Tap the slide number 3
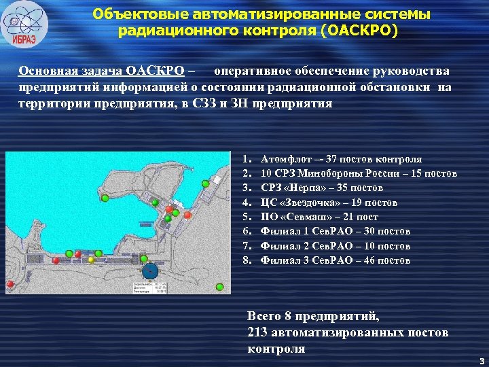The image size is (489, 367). pyautogui.click(x=481, y=360)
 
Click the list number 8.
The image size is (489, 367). pyautogui.click(x=248, y=260)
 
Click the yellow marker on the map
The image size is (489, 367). pyautogui.click(x=91, y=260)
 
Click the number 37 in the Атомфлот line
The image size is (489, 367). pyautogui.click(x=334, y=159)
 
